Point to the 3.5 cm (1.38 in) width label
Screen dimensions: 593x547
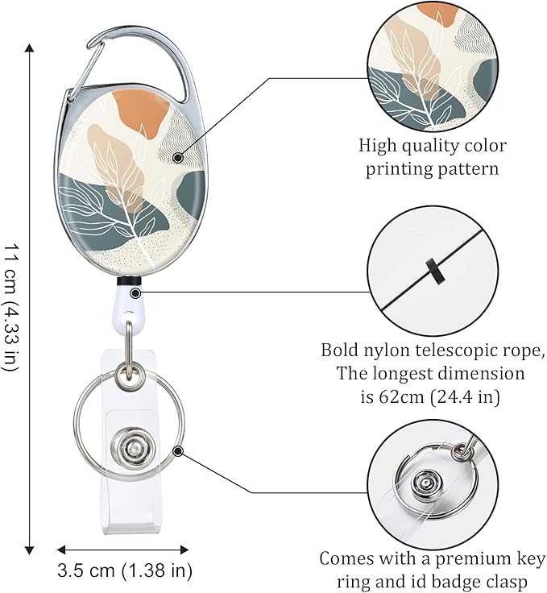pyautogui.click(x=124, y=571)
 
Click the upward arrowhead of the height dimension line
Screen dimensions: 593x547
pyautogui.click(x=30, y=48)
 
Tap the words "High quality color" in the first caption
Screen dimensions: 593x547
pyautogui.click(x=433, y=146)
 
